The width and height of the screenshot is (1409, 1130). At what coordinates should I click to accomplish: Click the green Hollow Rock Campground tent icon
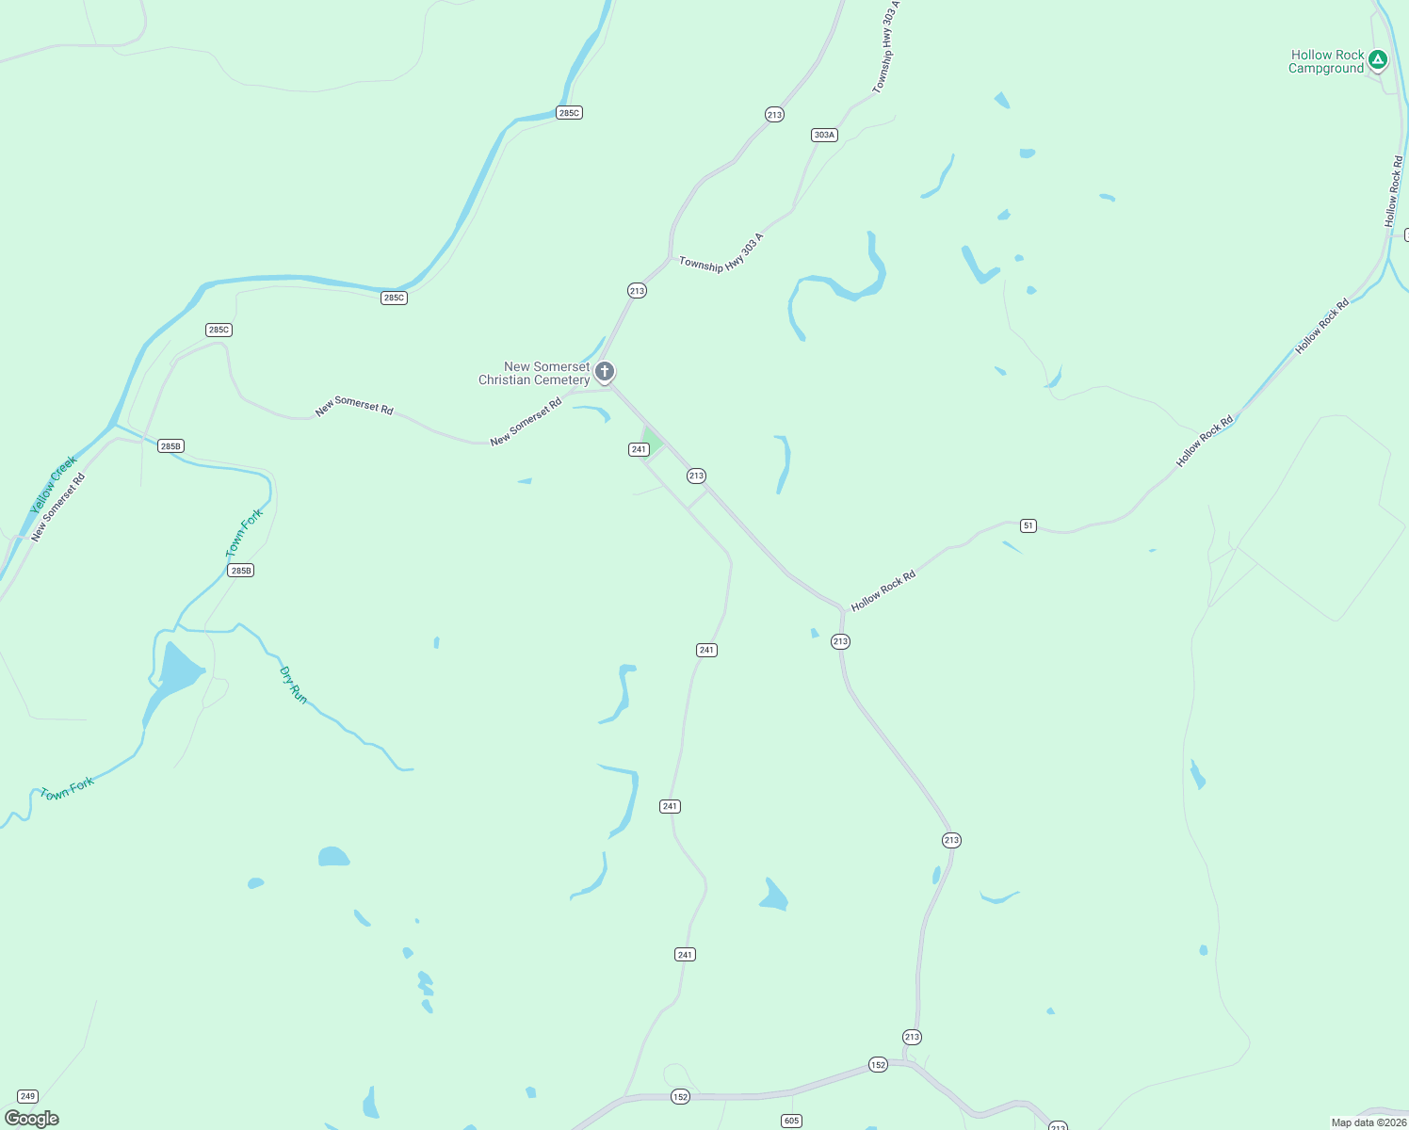(x=1378, y=60)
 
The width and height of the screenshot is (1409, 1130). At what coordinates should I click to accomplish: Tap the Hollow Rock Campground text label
(x=1327, y=62)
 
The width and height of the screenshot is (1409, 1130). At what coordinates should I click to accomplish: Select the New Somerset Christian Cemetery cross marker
(x=605, y=371)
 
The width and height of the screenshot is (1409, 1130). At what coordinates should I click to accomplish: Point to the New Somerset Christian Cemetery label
(x=534, y=374)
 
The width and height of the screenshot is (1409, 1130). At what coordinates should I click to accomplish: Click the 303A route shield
(x=824, y=135)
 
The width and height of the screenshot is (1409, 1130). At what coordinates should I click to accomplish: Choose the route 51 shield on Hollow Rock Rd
(x=1028, y=525)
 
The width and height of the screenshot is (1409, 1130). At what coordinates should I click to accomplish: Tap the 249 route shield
(x=27, y=1096)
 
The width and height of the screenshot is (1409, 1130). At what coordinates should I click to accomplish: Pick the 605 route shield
(x=791, y=1121)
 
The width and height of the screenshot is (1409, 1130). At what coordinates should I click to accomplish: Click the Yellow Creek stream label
(x=53, y=485)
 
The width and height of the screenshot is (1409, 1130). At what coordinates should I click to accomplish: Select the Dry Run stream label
(x=294, y=685)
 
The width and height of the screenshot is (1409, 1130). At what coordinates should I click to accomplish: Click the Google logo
(x=32, y=1119)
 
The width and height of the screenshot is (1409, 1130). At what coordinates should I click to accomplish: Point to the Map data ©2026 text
(x=1369, y=1122)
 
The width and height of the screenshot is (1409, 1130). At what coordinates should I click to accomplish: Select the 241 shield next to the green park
(x=639, y=449)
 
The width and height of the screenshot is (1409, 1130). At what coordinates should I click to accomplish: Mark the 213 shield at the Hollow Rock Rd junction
(x=840, y=641)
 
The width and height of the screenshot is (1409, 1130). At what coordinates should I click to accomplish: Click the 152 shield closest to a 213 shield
(x=878, y=1065)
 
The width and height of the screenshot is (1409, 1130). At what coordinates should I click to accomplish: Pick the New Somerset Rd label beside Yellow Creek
(x=58, y=507)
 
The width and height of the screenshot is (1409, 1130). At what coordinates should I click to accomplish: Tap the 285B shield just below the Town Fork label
(x=241, y=571)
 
